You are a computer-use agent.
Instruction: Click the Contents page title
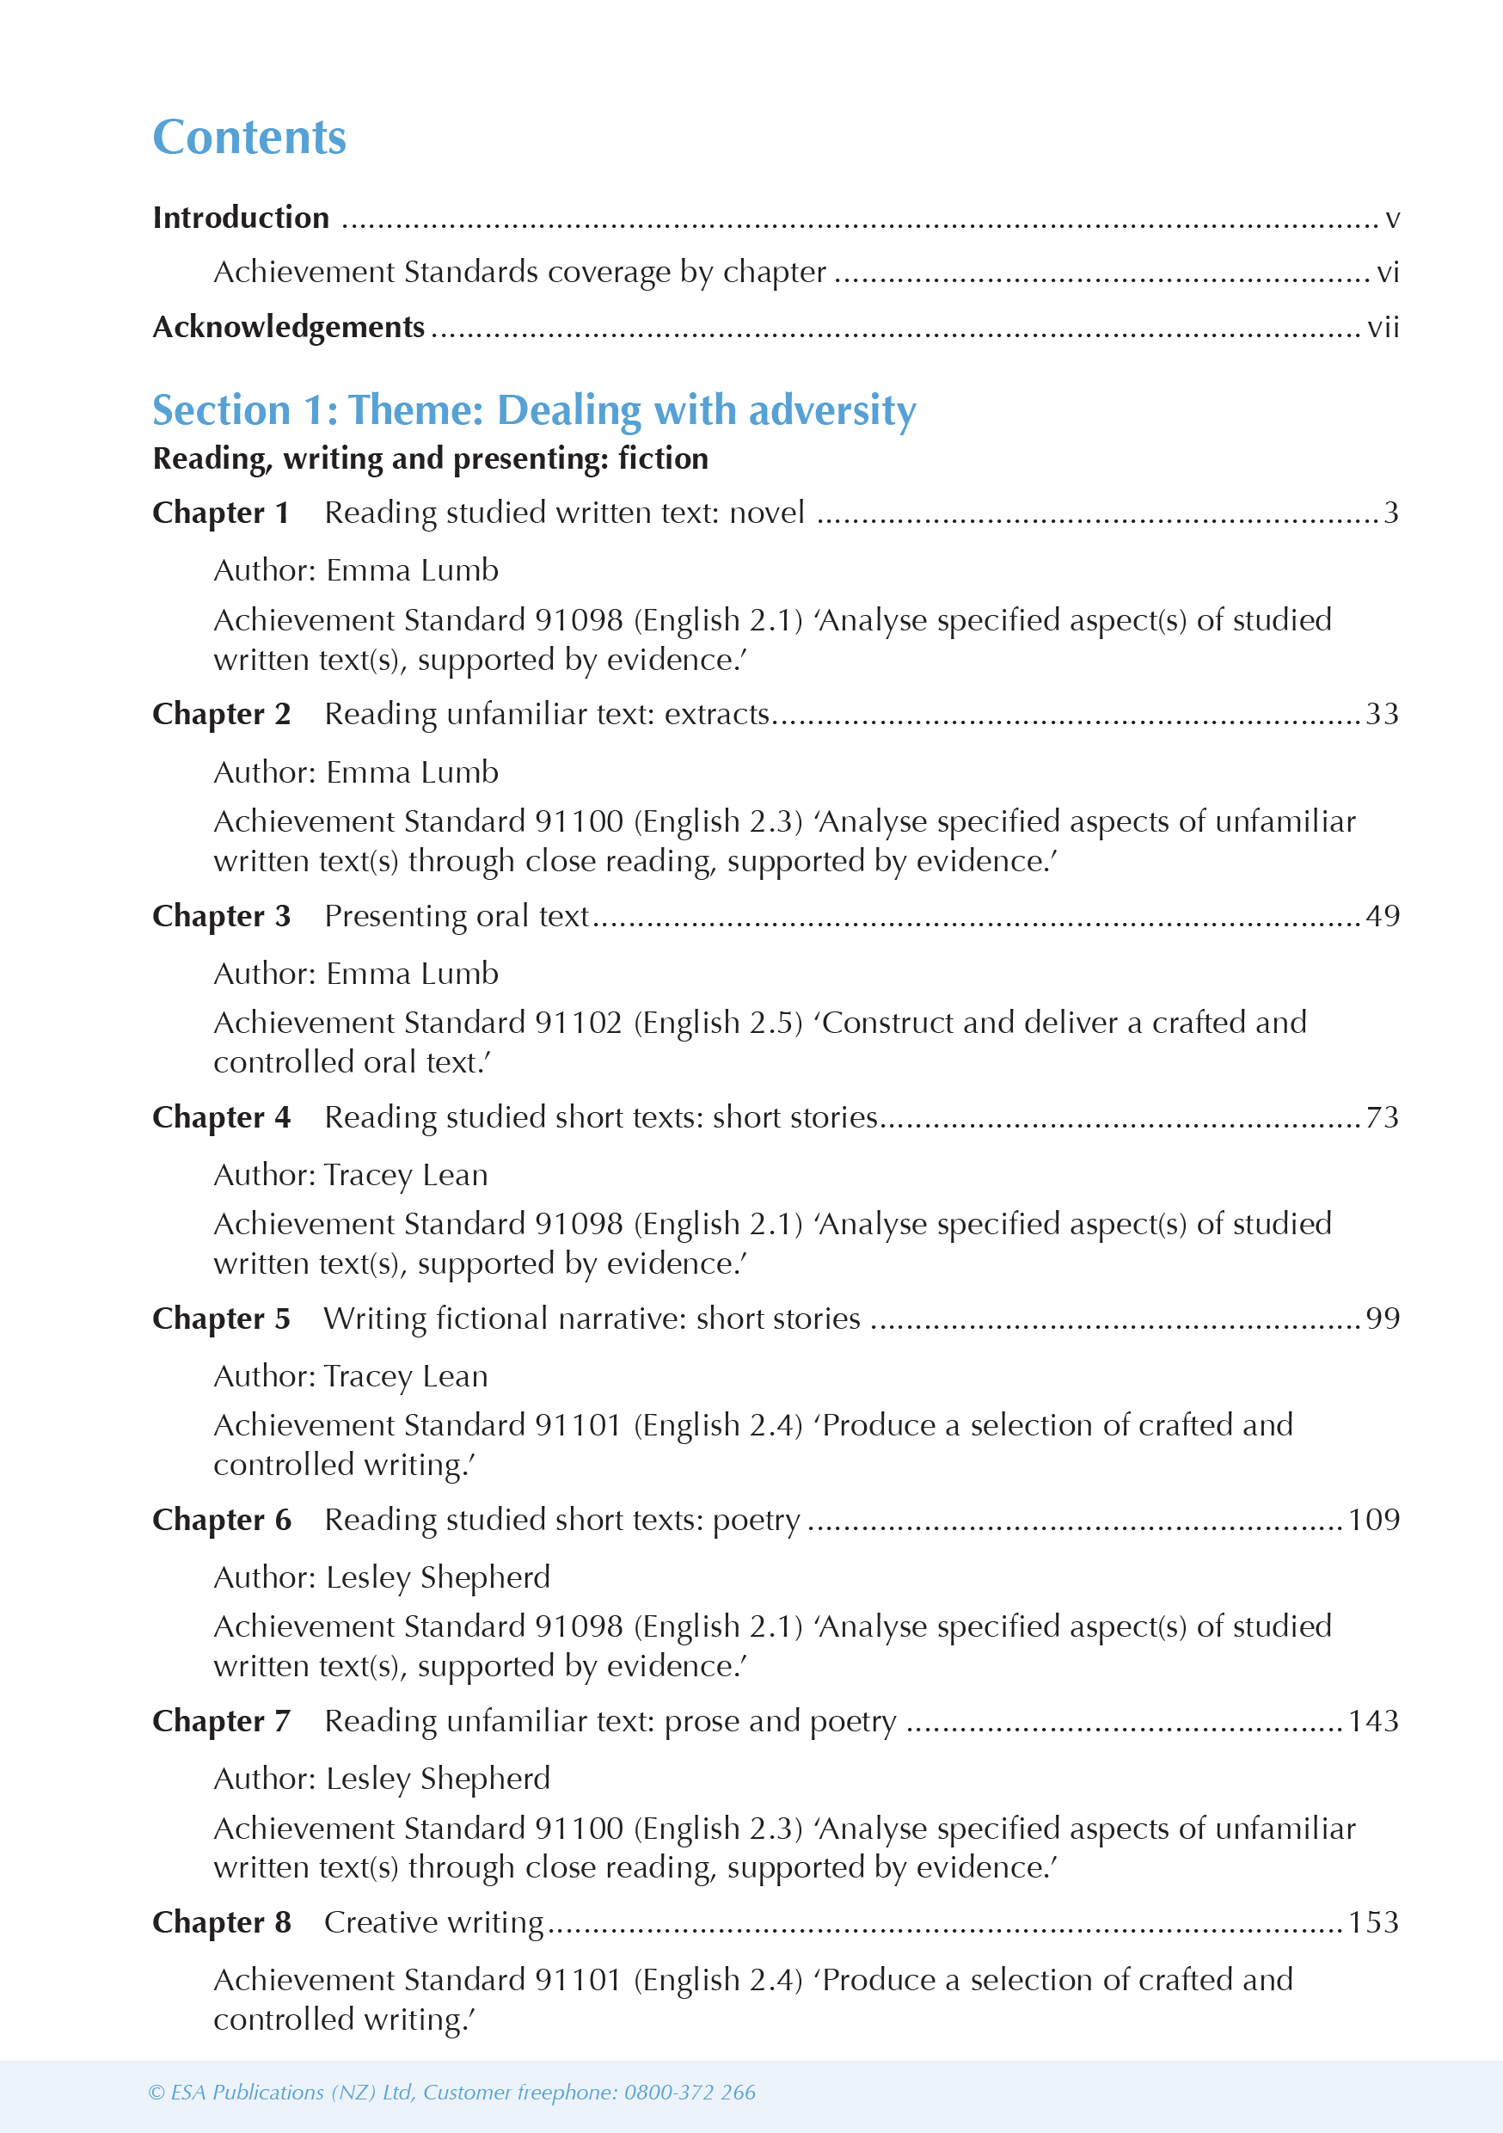(x=249, y=138)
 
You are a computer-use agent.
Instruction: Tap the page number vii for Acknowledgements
(x=1383, y=327)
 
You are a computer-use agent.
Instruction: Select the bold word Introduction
(x=241, y=218)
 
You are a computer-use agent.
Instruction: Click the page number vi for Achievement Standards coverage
(x=1387, y=272)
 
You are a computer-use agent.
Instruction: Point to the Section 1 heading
(x=534, y=409)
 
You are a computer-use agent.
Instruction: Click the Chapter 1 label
(x=221, y=513)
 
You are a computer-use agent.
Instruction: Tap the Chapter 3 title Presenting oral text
(x=456, y=916)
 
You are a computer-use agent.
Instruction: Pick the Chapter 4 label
(x=221, y=1116)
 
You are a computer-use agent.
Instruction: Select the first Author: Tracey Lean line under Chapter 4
(x=350, y=1175)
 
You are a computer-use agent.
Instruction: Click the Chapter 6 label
(x=221, y=1520)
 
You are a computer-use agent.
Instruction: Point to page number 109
(x=1373, y=1520)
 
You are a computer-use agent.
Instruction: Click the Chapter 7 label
(x=221, y=1721)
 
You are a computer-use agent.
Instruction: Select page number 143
(x=1373, y=1721)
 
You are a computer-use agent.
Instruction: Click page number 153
(x=1373, y=1922)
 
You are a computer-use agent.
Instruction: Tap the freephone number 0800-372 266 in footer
(x=690, y=2092)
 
